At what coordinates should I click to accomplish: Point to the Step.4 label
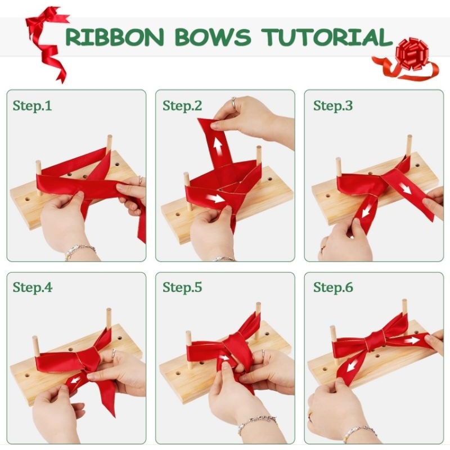(x=32, y=287)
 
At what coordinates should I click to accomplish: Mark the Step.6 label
(x=333, y=287)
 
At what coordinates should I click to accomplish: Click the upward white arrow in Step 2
(x=217, y=146)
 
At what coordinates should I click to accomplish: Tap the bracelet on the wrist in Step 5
(x=256, y=421)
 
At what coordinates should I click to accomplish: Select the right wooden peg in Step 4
(x=108, y=318)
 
